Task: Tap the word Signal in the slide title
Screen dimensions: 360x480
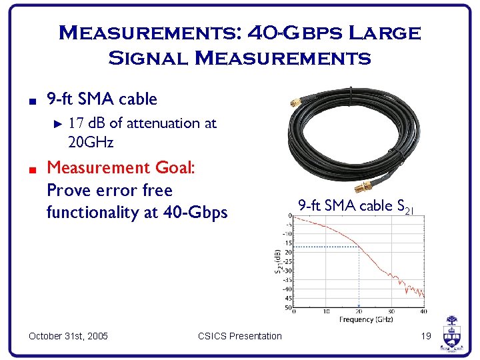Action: (148, 57)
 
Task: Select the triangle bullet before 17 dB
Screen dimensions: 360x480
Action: (57, 123)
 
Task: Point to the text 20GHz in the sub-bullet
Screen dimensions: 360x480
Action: (91, 142)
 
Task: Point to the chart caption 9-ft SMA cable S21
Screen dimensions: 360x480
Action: (356, 206)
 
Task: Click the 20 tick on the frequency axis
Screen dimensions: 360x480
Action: (359, 311)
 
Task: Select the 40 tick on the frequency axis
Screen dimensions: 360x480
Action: (423, 311)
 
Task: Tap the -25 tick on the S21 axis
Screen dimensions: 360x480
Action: (287, 261)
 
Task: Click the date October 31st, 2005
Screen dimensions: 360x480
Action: (69, 336)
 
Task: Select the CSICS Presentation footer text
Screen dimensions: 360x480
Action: (240, 336)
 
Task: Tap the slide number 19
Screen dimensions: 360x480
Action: (427, 336)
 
